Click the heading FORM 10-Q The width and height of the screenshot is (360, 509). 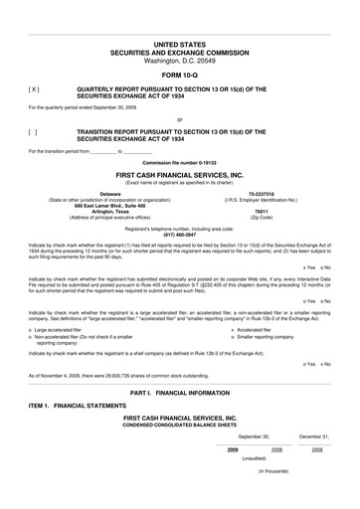pos(179,76)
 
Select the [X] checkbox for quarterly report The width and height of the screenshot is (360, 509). pos(34,88)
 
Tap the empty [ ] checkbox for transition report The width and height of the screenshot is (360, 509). pos(34,130)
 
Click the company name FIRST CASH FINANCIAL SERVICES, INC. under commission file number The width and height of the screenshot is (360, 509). pos(179,174)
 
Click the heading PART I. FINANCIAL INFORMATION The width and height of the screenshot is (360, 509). pos(179,395)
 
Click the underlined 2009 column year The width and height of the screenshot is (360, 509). pos(233,449)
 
